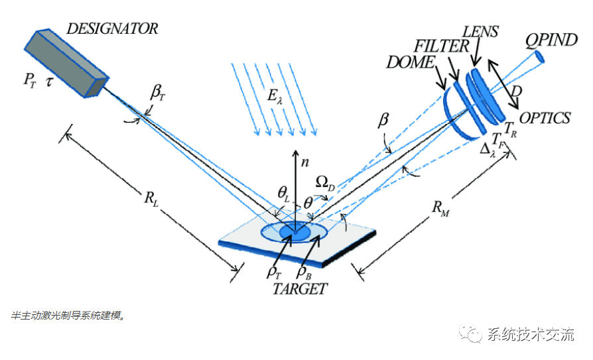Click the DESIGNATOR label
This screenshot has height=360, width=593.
pos(112,29)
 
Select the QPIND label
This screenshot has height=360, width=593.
pos(551,40)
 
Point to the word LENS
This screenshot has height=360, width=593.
pos(480,31)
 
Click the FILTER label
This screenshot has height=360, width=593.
pos(441,47)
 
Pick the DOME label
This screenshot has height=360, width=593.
pos(411,62)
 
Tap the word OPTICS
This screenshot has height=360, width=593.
pos(545,118)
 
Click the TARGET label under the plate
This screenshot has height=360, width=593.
pos(300,288)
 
